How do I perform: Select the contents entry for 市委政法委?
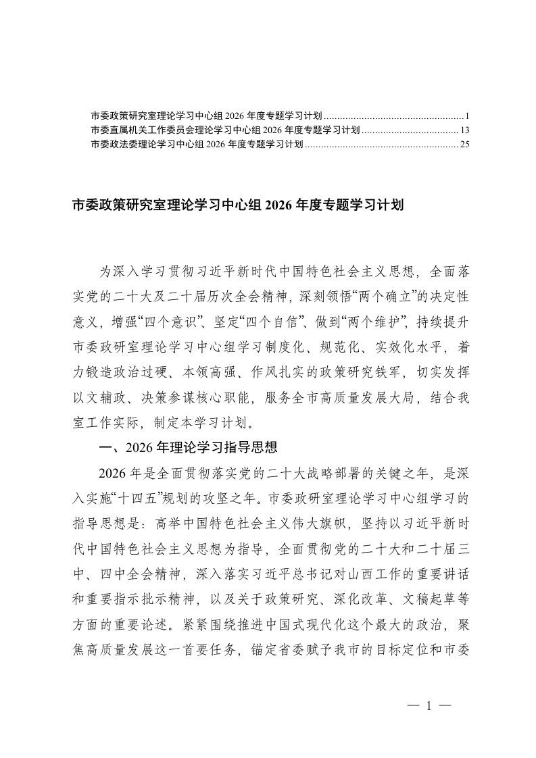(x=196, y=143)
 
